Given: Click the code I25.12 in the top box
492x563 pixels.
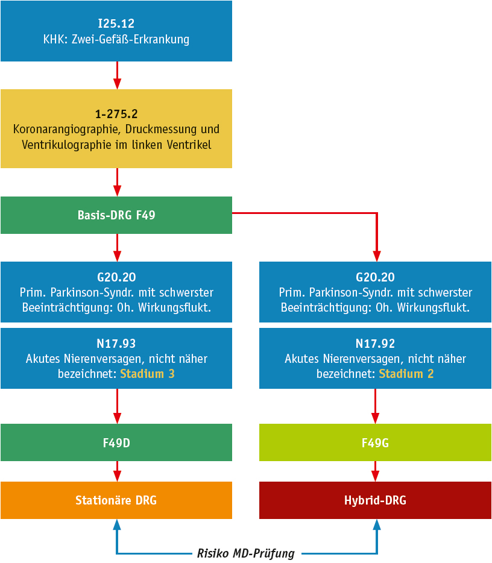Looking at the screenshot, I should tap(116, 24).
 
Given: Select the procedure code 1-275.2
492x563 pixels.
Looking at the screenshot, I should tap(116, 113).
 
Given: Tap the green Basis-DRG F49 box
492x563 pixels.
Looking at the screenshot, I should tap(116, 215).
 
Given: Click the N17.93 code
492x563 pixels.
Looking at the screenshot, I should tap(116, 344).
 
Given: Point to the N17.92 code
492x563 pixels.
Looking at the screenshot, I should tap(375, 344).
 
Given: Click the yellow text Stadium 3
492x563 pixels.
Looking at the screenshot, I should tap(147, 374).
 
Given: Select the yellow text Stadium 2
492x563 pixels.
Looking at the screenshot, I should tap(406, 374).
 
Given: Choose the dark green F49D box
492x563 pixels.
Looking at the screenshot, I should tap(116, 442).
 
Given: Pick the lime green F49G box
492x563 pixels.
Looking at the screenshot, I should tap(375, 442).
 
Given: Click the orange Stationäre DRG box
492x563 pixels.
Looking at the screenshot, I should tap(116, 500).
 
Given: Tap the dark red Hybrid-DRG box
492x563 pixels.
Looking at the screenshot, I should tap(375, 500).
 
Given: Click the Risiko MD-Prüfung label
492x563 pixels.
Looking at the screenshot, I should tap(245, 553).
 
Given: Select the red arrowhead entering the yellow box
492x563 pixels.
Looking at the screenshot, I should tap(117, 84).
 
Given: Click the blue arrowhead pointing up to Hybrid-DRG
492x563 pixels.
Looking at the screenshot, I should tap(376, 525).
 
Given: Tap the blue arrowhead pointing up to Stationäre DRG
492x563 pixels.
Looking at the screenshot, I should tap(117, 525).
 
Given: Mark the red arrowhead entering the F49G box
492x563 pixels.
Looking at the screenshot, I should tap(376, 418).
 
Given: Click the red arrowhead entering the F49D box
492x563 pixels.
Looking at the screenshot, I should tap(117, 418).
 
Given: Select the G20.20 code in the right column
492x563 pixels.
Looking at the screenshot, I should tap(375, 277).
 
